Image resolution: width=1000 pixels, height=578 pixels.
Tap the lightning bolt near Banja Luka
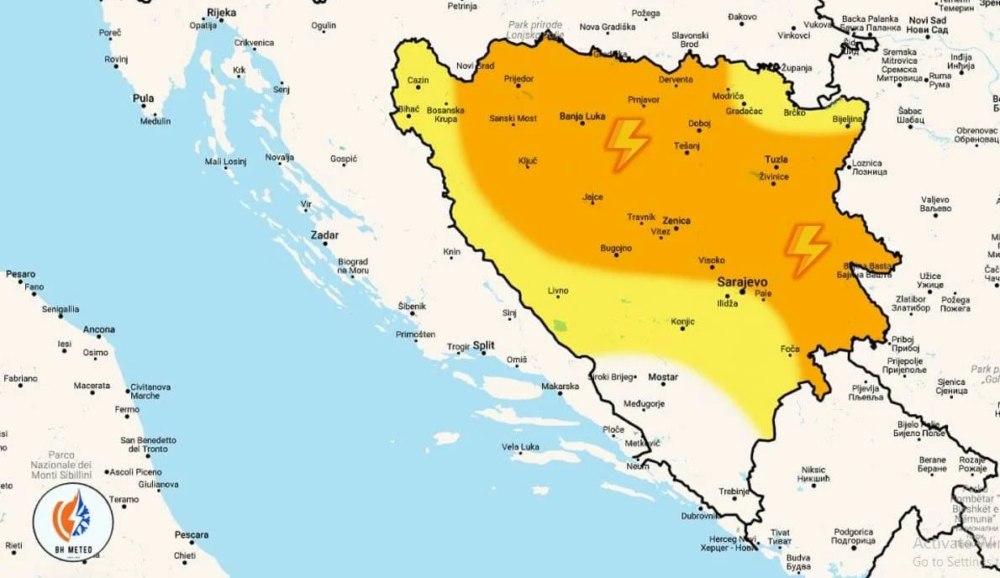tap(627, 144)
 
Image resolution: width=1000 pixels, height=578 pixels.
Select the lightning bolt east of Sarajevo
tap(807, 250)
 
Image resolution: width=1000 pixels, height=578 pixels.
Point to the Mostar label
tap(664, 378)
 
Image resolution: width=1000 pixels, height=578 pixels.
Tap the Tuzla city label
tap(776, 160)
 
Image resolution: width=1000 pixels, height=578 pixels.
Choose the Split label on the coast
tap(484, 345)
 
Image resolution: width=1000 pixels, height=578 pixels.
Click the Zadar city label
tap(324, 235)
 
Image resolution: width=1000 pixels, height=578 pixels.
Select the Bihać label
tap(408, 110)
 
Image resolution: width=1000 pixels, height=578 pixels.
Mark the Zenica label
tap(676, 221)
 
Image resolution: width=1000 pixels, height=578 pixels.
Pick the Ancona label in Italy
tap(99, 329)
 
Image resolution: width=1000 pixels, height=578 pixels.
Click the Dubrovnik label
tap(699, 516)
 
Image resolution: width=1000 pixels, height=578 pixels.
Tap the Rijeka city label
tap(221, 13)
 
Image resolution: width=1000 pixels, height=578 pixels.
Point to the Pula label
tap(143, 98)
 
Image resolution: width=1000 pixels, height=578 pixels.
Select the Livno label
tap(558, 291)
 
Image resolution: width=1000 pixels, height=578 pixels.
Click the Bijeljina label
tap(847, 119)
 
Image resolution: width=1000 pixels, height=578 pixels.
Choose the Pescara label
tap(191, 534)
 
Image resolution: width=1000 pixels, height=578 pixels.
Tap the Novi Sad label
tap(927, 20)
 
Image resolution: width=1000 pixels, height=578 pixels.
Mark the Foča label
tap(790, 349)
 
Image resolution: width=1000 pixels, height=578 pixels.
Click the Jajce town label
tap(592, 197)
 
